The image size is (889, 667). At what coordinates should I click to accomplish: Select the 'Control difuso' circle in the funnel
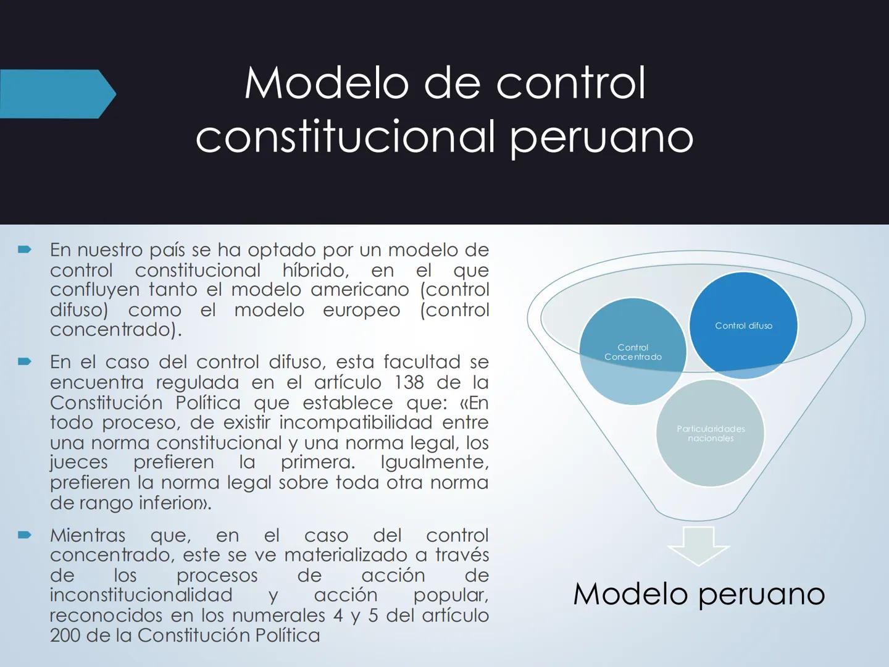(x=743, y=325)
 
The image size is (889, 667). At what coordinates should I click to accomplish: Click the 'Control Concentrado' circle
(x=632, y=352)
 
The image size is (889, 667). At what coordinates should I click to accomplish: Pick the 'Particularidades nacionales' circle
(x=711, y=434)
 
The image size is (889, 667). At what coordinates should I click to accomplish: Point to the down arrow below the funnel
(x=698, y=545)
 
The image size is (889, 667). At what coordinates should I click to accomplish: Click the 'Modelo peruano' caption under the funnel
(x=698, y=594)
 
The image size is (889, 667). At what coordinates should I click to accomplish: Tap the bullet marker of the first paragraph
(x=24, y=250)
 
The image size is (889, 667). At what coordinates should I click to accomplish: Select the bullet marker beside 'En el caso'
(x=24, y=362)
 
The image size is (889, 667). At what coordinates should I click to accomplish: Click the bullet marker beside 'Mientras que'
(x=24, y=535)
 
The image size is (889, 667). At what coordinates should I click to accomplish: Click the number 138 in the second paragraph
(x=409, y=382)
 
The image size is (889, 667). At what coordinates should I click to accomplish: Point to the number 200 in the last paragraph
(x=65, y=635)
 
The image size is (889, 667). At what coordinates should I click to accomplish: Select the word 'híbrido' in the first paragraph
(x=315, y=270)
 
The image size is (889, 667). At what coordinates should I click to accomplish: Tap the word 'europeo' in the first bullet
(x=362, y=309)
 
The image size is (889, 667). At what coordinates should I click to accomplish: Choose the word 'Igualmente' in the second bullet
(x=433, y=462)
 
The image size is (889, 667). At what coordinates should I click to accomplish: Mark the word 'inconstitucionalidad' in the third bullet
(x=141, y=595)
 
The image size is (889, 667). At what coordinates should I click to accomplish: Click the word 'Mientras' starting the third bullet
(x=87, y=535)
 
